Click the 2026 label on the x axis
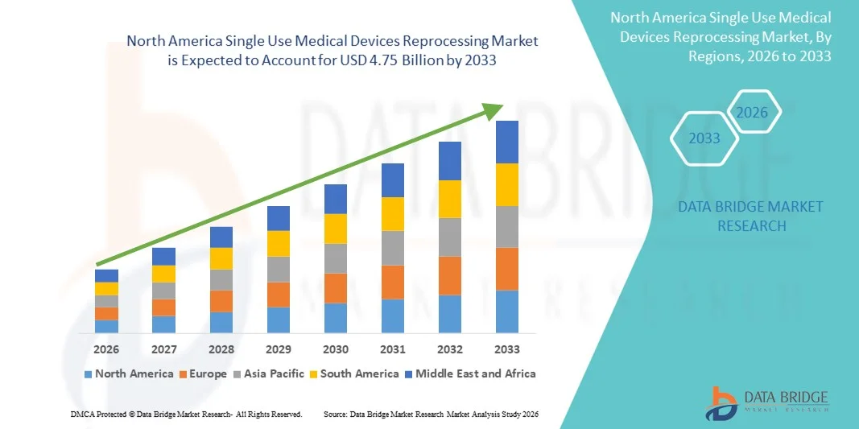tap(106, 349)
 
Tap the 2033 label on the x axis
tap(507, 349)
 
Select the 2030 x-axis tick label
tap(336, 349)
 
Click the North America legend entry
tap(129, 373)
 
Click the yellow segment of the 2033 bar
tap(507, 184)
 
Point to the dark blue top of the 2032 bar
tap(450, 161)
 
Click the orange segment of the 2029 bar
tap(279, 295)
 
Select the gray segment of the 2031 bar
tap(393, 248)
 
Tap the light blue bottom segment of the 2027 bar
tap(164, 324)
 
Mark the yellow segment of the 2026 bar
tap(106, 288)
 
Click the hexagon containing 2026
tap(753, 113)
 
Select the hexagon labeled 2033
tap(704, 138)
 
